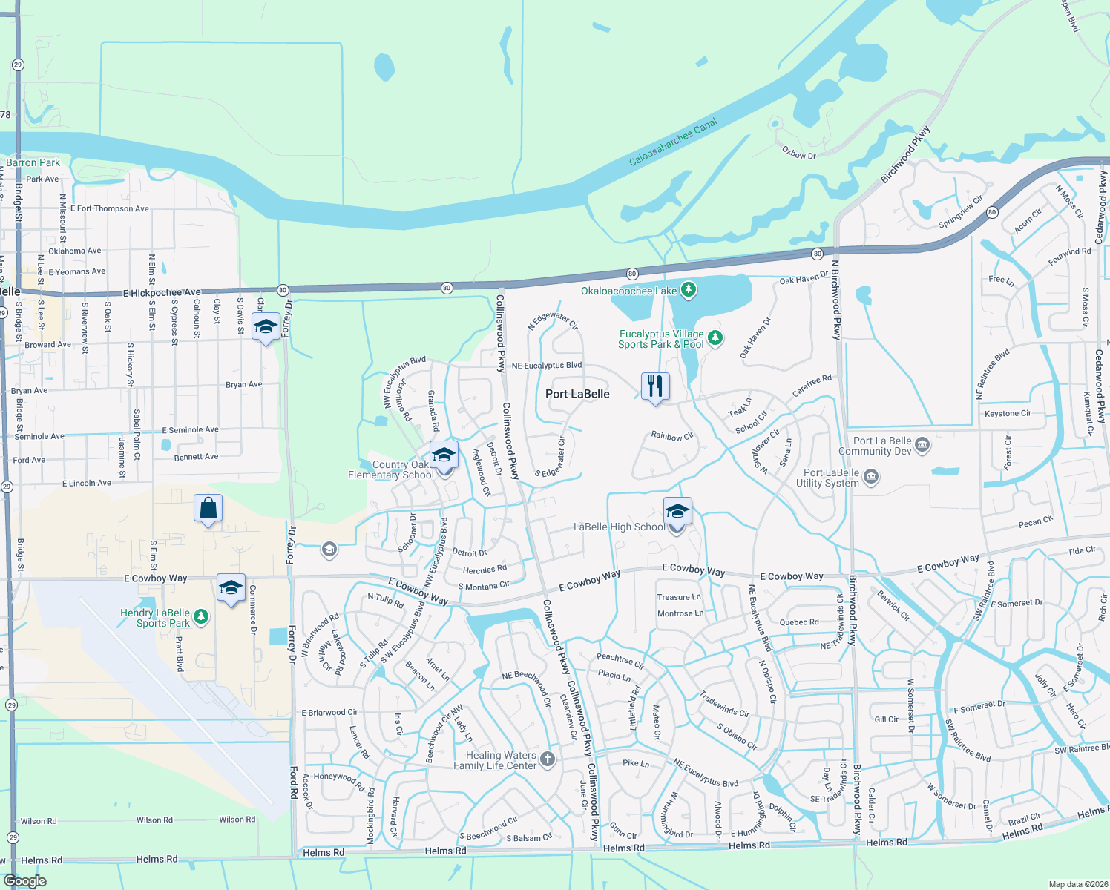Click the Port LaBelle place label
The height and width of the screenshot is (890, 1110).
(x=577, y=394)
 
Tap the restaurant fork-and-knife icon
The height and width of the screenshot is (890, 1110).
(x=654, y=386)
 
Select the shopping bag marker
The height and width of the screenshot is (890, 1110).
(x=208, y=509)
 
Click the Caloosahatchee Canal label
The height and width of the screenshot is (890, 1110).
(x=673, y=142)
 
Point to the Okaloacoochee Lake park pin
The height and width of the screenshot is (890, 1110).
(x=689, y=290)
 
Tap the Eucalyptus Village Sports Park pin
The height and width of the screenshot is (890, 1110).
(x=715, y=338)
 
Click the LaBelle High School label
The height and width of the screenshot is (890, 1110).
(x=619, y=527)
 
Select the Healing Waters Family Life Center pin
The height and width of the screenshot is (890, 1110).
(x=548, y=759)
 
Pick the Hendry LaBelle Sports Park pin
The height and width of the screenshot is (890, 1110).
(x=200, y=617)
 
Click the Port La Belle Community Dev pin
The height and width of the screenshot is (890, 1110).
(x=922, y=445)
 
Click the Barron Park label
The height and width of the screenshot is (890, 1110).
(x=33, y=162)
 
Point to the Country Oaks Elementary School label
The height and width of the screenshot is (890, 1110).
(x=391, y=470)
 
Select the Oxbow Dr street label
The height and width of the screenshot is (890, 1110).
(x=799, y=154)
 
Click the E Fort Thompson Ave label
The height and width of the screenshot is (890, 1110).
(x=109, y=208)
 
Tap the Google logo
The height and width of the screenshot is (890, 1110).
(x=24, y=881)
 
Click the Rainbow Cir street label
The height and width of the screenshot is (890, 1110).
(x=672, y=436)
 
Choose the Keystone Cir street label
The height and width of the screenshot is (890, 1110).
(x=1008, y=413)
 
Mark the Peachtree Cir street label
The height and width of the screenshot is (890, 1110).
(x=620, y=659)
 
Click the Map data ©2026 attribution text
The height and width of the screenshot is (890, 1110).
(x=1077, y=884)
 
